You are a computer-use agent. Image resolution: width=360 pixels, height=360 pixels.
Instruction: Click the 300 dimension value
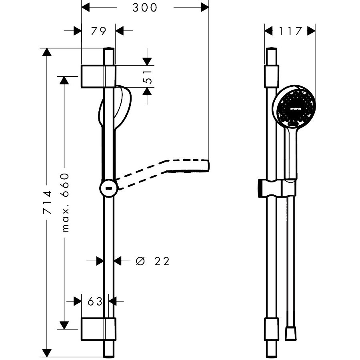tap(145, 8)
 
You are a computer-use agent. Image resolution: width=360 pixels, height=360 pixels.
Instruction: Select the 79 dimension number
tap(98, 31)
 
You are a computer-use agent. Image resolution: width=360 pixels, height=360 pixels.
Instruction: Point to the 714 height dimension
tap(47, 202)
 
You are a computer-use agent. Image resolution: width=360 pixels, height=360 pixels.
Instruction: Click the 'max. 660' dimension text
tap(65, 202)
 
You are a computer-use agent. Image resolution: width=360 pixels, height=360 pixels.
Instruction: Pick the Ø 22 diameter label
tap(153, 261)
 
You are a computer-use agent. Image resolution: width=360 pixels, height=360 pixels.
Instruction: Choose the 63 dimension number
tap(95, 302)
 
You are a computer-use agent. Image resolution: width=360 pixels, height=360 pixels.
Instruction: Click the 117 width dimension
tap(290, 31)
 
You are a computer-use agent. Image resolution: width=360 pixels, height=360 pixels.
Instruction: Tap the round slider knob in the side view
tap(108, 188)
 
